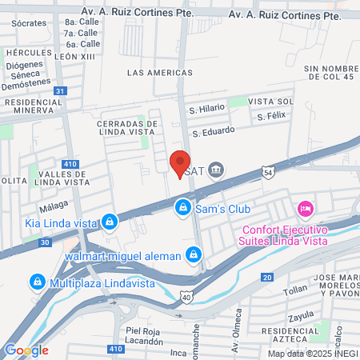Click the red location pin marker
[180, 163]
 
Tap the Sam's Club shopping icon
[183, 208]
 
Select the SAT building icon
[216, 170]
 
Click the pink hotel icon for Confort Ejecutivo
[304, 209]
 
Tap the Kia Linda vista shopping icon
[110, 221]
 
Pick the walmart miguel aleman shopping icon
[192, 255]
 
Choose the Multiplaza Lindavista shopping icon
[37, 282]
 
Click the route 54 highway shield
[268, 171]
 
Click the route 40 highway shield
[186, 297]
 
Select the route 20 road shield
[266, 277]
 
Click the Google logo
[26, 350]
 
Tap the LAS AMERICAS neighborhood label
[159, 72]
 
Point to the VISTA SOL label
[270, 102]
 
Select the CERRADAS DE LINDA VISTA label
[126, 128]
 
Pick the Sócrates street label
[29, 22]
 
